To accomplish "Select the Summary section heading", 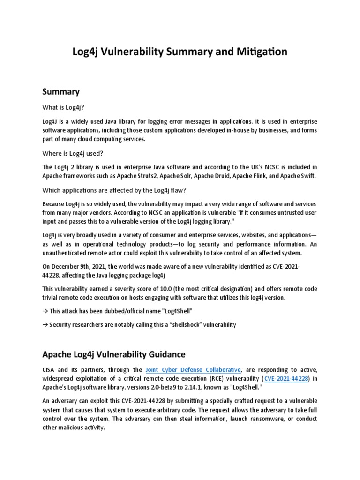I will click(61, 91).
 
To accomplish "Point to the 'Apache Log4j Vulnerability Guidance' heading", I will click(114, 354).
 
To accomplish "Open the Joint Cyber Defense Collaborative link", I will click(194, 370).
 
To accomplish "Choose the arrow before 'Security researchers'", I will click(45, 325).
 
